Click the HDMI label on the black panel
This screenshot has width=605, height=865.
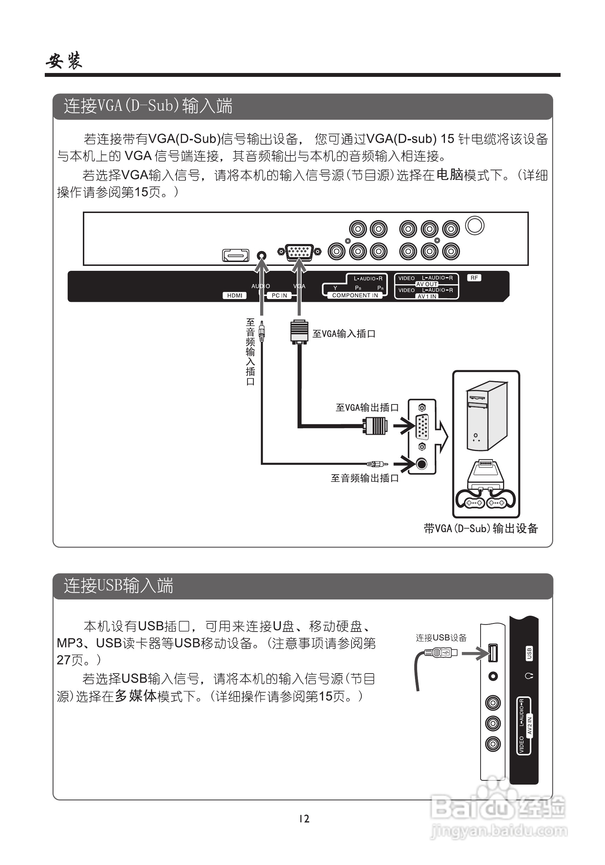click(234, 296)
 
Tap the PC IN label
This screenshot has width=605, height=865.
click(279, 296)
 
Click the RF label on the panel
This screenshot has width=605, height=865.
click(474, 278)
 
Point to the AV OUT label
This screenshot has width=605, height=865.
click(427, 284)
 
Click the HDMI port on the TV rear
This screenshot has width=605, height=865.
click(236, 255)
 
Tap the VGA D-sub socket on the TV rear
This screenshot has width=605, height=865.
click(299, 252)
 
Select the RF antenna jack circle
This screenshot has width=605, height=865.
click(475, 226)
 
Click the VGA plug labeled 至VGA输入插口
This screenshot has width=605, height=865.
click(299, 331)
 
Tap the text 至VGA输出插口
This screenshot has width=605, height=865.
click(367, 408)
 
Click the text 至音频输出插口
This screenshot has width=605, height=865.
click(364, 478)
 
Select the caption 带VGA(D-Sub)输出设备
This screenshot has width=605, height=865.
click(481, 529)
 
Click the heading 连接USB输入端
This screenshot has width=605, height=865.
click(118, 586)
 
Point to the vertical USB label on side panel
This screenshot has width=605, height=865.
click(529, 653)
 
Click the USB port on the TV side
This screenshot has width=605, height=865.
click(493, 653)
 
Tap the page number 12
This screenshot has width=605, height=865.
click(304, 819)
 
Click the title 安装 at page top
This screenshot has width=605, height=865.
click(64, 61)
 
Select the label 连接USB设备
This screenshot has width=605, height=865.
click(441, 638)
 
